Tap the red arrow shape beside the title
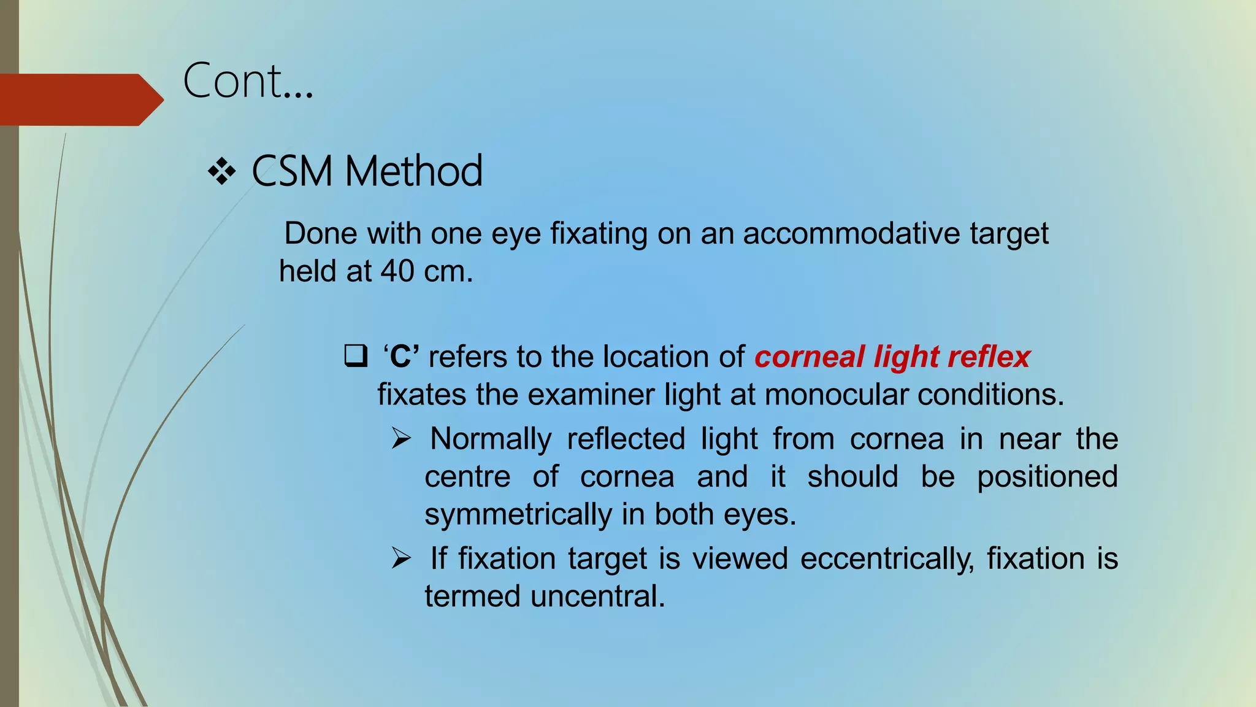pyautogui.click(x=80, y=100)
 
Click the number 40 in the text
pyautogui.click(x=397, y=271)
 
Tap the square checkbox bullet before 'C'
pyautogui.click(x=356, y=356)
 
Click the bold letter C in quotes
pyautogui.click(x=401, y=357)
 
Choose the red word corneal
pyautogui.click(x=810, y=357)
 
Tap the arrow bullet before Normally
pyautogui.click(x=401, y=439)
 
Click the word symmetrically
pyautogui.click(x=518, y=514)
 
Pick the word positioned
pyautogui.click(x=1047, y=477)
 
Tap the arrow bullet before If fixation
pyautogui.click(x=401, y=558)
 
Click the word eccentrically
pyautogui.click(x=887, y=559)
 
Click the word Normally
pyautogui.click(x=491, y=439)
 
